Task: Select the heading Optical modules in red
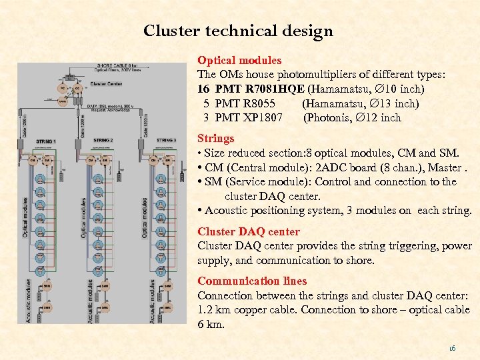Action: click(x=239, y=60)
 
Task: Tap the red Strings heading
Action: click(x=216, y=139)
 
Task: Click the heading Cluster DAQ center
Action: click(x=249, y=232)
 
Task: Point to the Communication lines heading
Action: click(x=252, y=281)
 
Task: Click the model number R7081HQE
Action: click(x=276, y=89)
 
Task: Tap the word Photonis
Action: click(x=327, y=118)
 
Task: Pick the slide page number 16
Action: click(x=453, y=347)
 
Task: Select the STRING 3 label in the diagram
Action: click(x=166, y=141)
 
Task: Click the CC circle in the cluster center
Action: click(x=77, y=88)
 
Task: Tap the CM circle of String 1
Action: click(x=32, y=160)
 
